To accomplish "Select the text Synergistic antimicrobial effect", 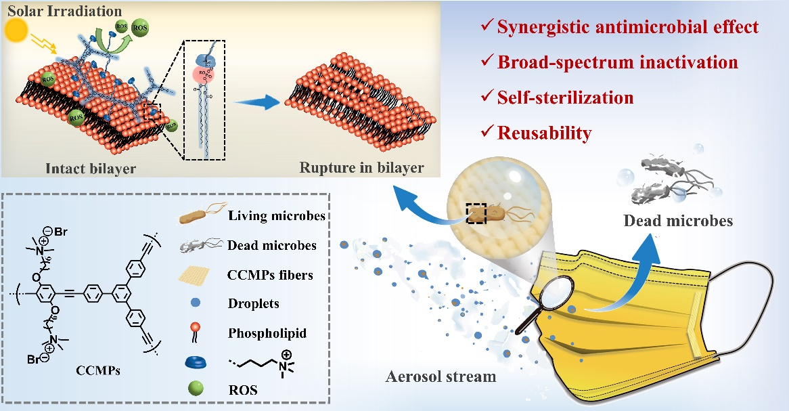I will pyautogui.click(x=627, y=28).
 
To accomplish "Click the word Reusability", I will pyautogui.click(x=544, y=133).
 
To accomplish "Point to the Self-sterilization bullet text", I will pyautogui.click(x=565, y=98).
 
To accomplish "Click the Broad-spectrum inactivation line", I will pyautogui.click(x=617, y=62).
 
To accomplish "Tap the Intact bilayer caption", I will pyautogui.click(x=83, y=167).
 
